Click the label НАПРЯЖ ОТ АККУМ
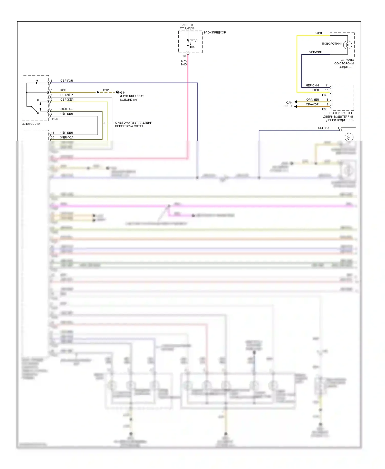187,27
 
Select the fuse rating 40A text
192,47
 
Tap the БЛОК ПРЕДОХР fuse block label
215,33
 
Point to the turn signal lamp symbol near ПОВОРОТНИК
348,45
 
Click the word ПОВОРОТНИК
332,44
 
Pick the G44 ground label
123,93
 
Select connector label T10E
55,119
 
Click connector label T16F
325,95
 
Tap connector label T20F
325,109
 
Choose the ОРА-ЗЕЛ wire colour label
312,100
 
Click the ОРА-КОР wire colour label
312,104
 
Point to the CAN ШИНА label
288,104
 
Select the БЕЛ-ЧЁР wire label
66,95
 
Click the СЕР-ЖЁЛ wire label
67,100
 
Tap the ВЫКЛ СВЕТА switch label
31,124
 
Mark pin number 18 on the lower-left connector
52,133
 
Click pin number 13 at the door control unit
327,90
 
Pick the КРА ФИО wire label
184,63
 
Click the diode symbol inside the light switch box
37,83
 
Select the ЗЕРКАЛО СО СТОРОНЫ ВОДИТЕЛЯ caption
344,63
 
